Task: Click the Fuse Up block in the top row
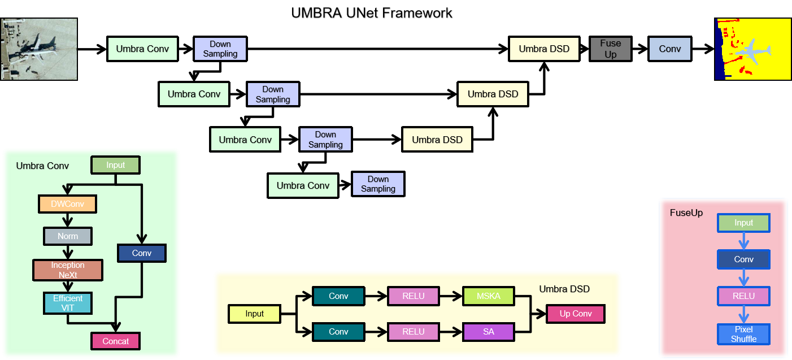610,49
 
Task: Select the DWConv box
67,203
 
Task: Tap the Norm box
67,236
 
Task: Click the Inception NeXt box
68,270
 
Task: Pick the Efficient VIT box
68,303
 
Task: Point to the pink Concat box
115,341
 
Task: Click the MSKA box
489,296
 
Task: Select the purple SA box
489,332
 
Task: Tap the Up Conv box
575,314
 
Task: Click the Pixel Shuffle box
743,334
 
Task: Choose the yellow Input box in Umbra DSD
254,314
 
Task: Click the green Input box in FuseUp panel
743,223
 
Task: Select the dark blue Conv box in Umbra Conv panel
141,253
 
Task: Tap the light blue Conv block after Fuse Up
669,49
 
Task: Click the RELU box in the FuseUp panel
743,296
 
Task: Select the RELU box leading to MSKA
413,296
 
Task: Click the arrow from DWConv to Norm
67,220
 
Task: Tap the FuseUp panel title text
686,213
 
